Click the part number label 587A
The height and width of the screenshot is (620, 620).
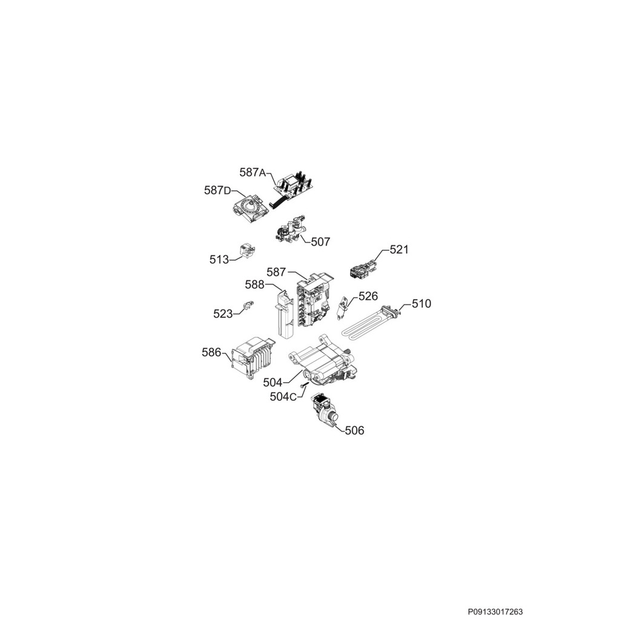(x=252, y=173)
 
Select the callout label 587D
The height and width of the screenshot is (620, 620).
(x=217, y=191)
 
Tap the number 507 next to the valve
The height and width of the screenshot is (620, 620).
(x=320, y=242)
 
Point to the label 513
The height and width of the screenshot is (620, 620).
(x=219, y=260)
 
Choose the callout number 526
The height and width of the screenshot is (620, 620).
(x=368, y=296)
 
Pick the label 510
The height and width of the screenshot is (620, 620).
(x=421, y=304)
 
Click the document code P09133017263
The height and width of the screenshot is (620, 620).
(x=495, y=612)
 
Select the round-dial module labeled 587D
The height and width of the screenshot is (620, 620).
(x=249, y=208)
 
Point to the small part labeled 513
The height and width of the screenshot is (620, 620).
(x=247, y=251)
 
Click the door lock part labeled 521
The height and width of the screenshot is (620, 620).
(x=363, y=267)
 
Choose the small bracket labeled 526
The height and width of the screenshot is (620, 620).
(x=343, y=308)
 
